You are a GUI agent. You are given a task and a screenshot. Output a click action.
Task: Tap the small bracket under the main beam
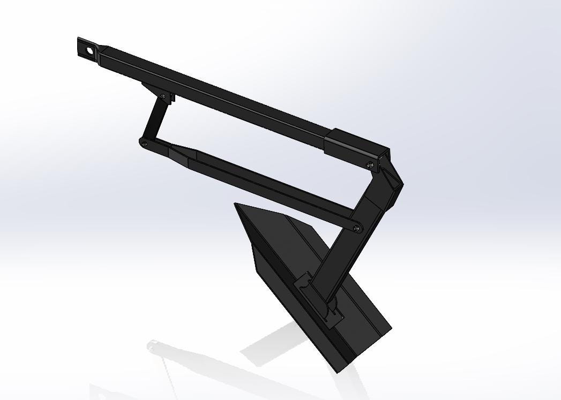159,91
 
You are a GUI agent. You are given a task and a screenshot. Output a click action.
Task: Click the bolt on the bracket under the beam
163,96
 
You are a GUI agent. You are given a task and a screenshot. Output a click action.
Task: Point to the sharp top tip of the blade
236,205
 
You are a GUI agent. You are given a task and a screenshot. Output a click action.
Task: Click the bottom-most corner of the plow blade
338,372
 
